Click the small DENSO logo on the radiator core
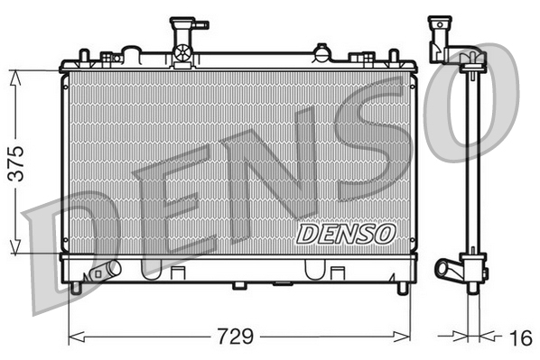coord(346,234)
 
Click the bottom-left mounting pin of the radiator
coord(76,288)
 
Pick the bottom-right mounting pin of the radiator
coord(402,288)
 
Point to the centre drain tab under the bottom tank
coord(239,286)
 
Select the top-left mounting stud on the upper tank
coord(83,56)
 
